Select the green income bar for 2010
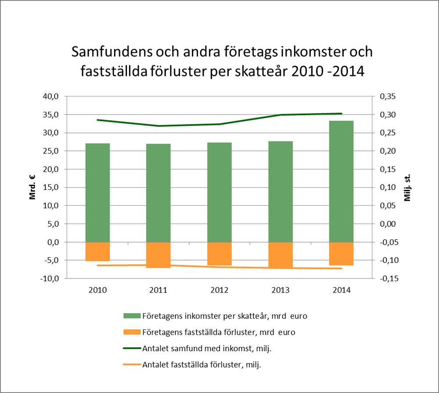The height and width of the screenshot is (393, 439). (x=97, y=193)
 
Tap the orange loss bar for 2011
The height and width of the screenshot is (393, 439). (x=158, y=255)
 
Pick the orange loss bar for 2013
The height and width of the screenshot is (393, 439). (x=280, y=255)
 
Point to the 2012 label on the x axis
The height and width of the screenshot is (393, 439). (x=219, y=290)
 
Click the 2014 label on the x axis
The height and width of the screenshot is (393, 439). (x=341, y=290)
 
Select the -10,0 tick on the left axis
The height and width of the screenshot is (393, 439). (x=50, y=279)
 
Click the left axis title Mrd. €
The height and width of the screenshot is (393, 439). (x=33, y=187)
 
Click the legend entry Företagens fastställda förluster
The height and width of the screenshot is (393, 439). (x=219, y=332)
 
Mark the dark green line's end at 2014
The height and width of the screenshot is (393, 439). (x=341, y=114)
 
